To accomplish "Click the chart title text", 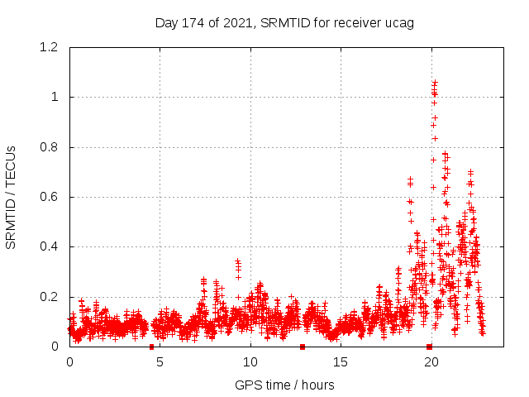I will pyautogui.click(x=284, y=22).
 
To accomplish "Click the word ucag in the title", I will pyautogui.click(x=398, y=22).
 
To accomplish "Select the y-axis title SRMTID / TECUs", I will pyautogui.click(x=11, y=197).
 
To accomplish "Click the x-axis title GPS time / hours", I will pyautogui.click(x=284, y=385).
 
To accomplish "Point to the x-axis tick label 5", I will pyautogui.click(x=160, y=362).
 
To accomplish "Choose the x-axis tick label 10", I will pyautogui.click(x=250, y=362).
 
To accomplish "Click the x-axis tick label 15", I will pyautogui.click(x=340, y=362).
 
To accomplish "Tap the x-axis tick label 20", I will pyautogui.click(x=430, y=362).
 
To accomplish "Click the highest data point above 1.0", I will pyautogui.click(x=435, y=81).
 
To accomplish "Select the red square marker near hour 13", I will pyautogui.click(x=303, y=347).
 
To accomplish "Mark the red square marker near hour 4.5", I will pyautogui.click(x=151, y=347).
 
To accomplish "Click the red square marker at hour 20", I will pyautogui.click(x=429, y=347).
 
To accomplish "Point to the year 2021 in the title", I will pyautogui.click(x=240, y=22).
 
